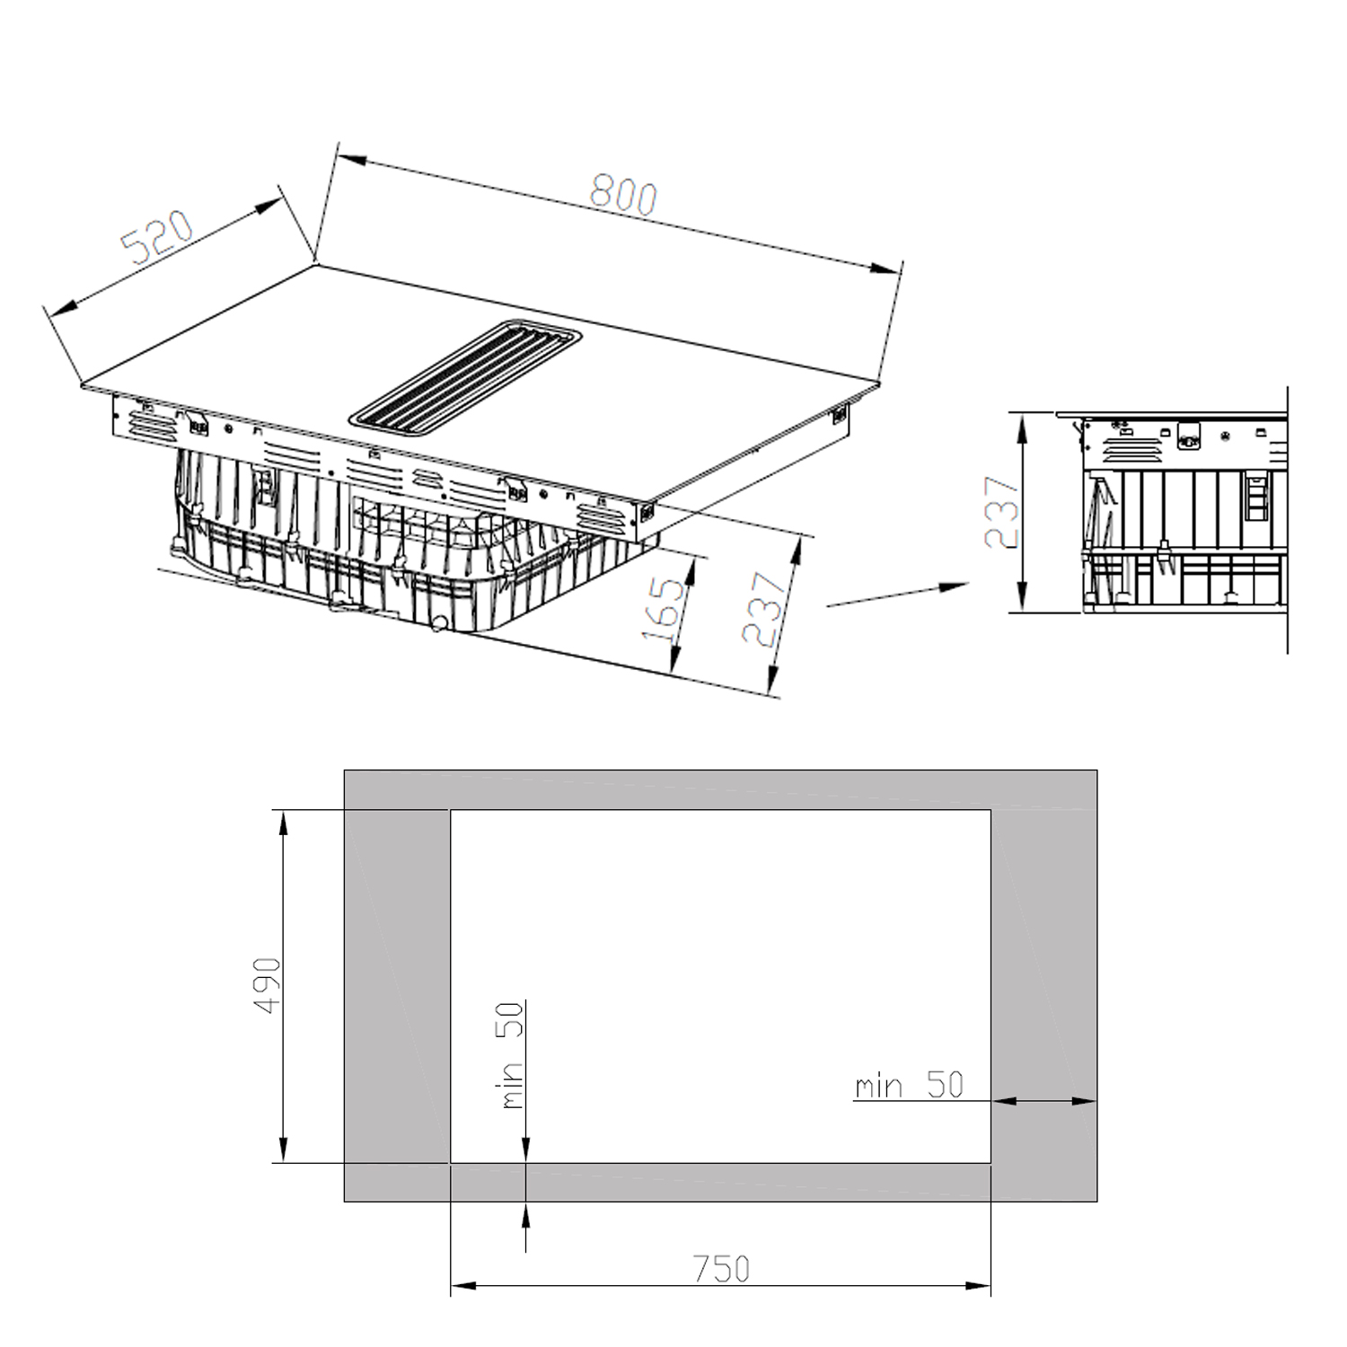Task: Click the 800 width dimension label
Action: point(623,197)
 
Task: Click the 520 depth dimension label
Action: point(157,236)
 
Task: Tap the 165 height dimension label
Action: point(665,611)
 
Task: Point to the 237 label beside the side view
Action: point(1002,512)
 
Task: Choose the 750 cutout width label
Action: point(721,1268)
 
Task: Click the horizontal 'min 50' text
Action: point(909,1085)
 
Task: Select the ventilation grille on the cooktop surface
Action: point(466,374)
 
